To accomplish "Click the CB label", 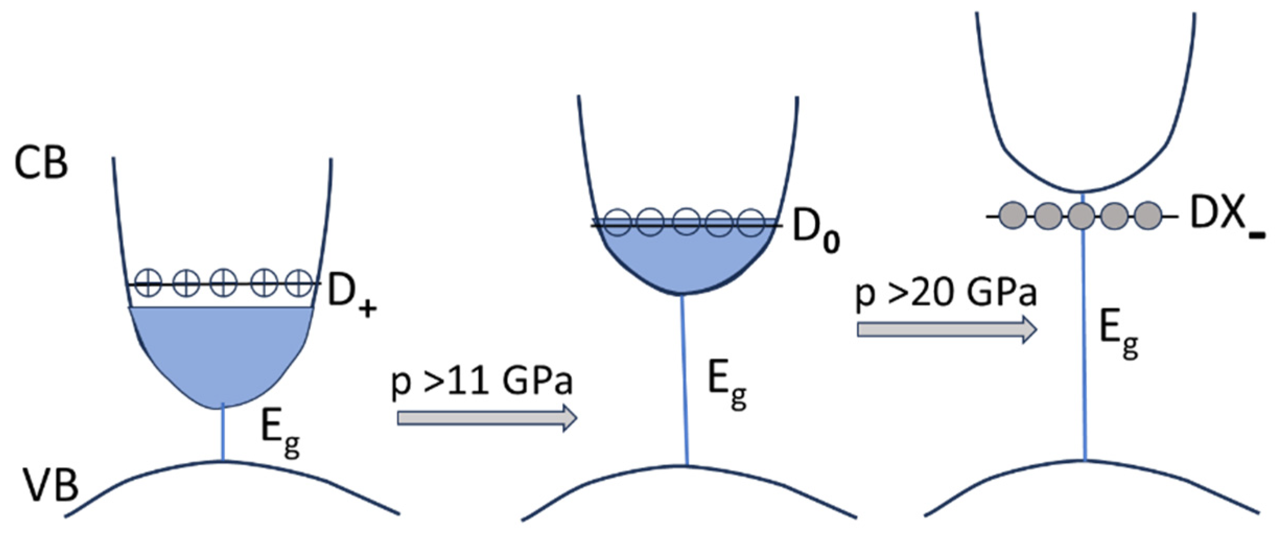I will [x=41, y=162].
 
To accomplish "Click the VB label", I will [x=50, y=485].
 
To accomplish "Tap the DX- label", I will [x=1225, y=217].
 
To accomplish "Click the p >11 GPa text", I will [x=481, y=382].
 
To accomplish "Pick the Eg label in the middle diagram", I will [x=726, y=385].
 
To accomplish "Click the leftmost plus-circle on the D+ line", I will [x=148, y=284].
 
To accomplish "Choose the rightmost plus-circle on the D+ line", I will [x=300, y=284].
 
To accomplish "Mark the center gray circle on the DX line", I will [x=1082, y=216].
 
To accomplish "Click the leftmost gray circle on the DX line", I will [x=1014, y=216].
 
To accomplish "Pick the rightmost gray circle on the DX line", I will [x=1148, y=216].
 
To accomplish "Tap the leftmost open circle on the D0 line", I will [x=617, y=222].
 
